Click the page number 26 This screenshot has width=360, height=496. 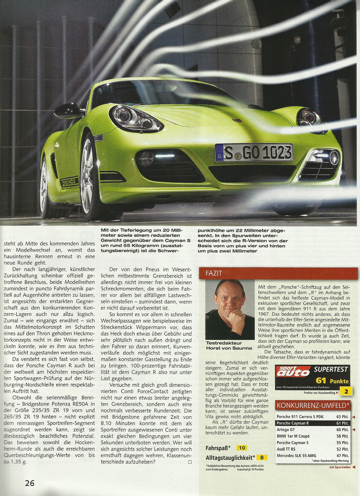tap(30, 483)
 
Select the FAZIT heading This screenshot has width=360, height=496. tap(214, 273)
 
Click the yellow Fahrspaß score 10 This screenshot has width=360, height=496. tap(242, 448)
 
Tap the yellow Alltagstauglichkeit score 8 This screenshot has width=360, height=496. tap(262, 457)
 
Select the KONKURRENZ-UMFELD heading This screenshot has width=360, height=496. tap(313, 405)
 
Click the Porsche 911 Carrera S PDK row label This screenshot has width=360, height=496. tap(300, 417)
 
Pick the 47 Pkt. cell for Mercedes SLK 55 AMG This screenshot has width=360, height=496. tap(343, 456)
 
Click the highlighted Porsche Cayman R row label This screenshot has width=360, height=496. tap(292, 423)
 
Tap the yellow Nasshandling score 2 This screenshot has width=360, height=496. tap(346, 392)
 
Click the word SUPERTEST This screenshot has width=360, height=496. tap(331, 369)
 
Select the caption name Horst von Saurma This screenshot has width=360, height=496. tap(229, 348)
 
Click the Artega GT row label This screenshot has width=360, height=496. tap(286, 430)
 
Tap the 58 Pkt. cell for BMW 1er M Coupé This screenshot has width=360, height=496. tap(343, 436)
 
